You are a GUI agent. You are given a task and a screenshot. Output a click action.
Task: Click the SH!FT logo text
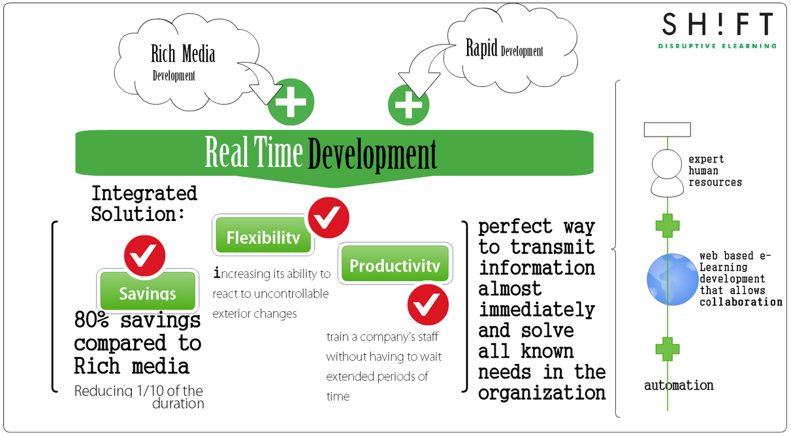click(717, 25)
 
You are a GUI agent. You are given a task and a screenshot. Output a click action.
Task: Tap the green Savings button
click(148, 291)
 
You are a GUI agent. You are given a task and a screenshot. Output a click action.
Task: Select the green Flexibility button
click(263, 236)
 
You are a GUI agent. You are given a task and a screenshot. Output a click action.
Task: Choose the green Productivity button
click(394, 265)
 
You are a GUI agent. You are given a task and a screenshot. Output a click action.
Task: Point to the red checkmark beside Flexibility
click(328, 218)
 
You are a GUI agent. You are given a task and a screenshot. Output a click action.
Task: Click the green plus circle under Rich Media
click(291, 102)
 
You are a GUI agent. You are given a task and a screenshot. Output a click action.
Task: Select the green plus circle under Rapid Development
click(409, 105)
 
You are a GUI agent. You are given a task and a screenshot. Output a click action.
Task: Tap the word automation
click(679, 385)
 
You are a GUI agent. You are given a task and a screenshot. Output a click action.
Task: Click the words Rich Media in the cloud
click(183, 54)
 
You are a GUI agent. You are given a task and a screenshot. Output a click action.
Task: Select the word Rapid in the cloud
click(481, 48)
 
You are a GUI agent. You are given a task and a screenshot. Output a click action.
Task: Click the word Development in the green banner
click(372, 154)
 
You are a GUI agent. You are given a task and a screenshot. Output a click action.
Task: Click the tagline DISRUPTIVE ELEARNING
click(717, 46)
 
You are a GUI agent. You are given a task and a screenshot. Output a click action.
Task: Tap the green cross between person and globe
click(668, 226)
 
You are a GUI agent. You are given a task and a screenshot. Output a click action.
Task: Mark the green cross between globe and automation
click(668, 349)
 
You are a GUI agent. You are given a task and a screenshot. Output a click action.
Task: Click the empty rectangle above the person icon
click(668, 129)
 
